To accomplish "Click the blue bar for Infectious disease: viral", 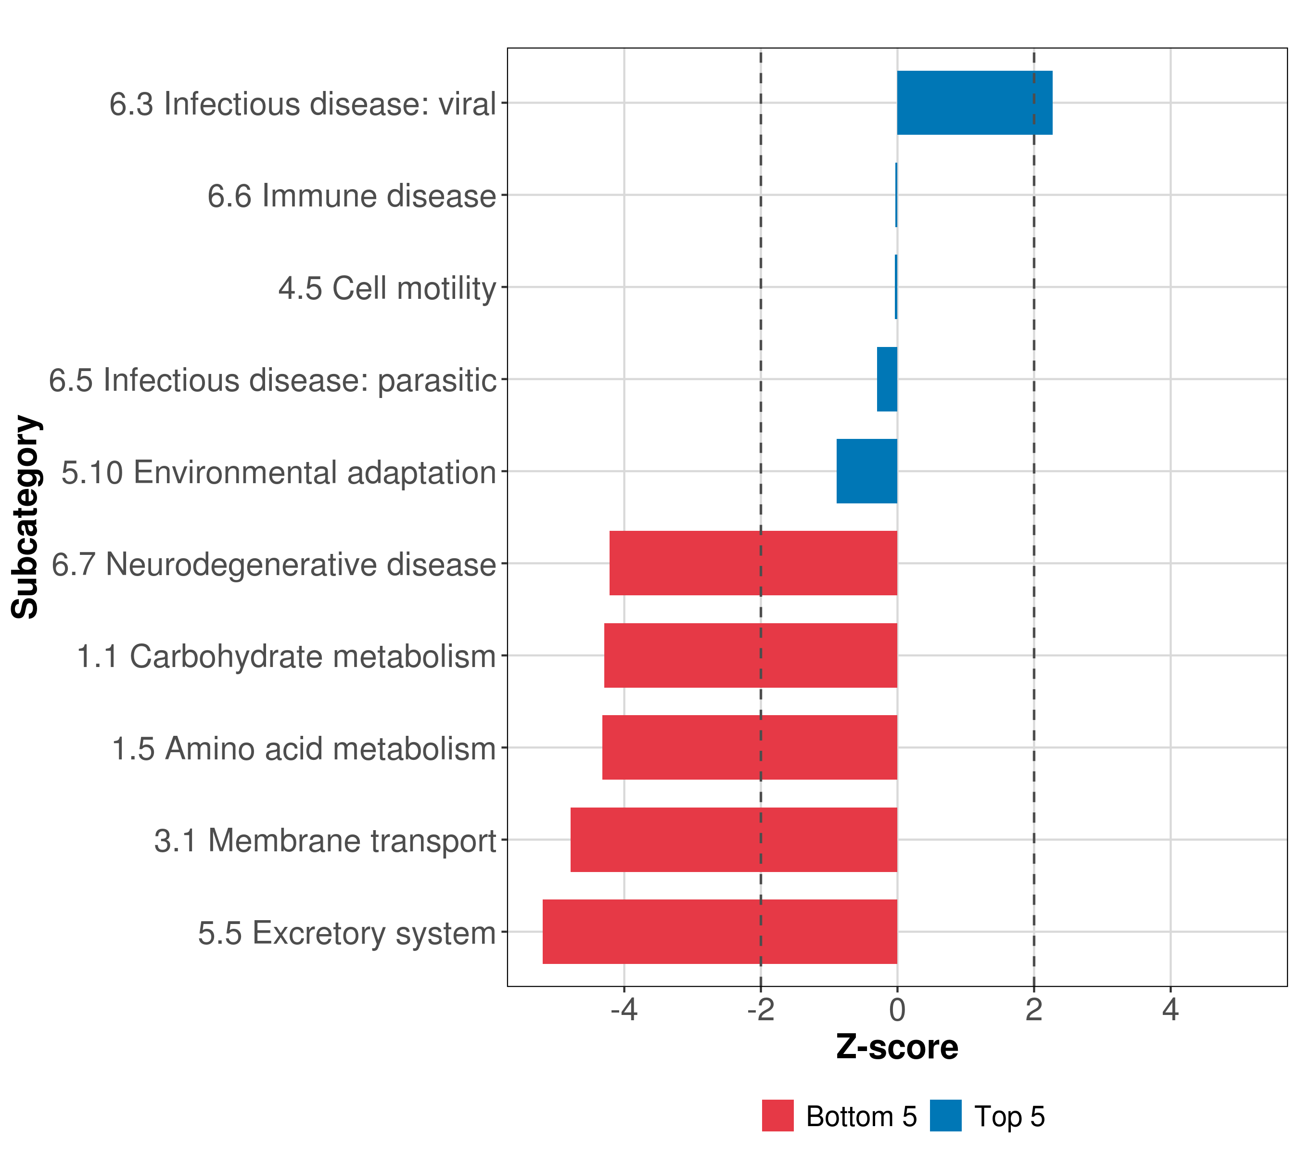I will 974,103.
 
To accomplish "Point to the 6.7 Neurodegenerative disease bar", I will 753,563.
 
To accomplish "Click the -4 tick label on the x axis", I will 624,1010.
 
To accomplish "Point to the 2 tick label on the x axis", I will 1033,1010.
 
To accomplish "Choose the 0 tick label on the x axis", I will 897,1010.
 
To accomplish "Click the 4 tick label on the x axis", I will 1170,1010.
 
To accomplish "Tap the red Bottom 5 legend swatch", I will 777,1116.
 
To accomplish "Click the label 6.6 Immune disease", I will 351,196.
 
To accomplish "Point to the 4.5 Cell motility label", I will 387,288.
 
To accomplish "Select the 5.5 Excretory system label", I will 346,933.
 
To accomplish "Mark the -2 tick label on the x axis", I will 760,1010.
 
